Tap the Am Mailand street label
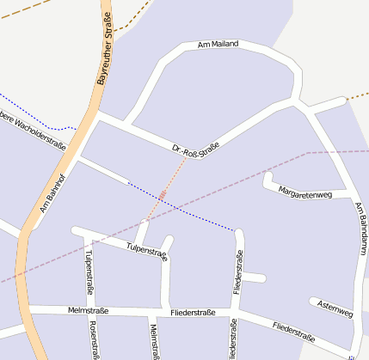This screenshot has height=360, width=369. [x=218, y=44]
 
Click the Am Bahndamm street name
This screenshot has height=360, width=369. [x=360, y=229]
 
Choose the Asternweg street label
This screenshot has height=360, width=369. [x=335, y=309]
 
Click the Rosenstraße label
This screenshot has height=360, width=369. [x=93, y=340]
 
